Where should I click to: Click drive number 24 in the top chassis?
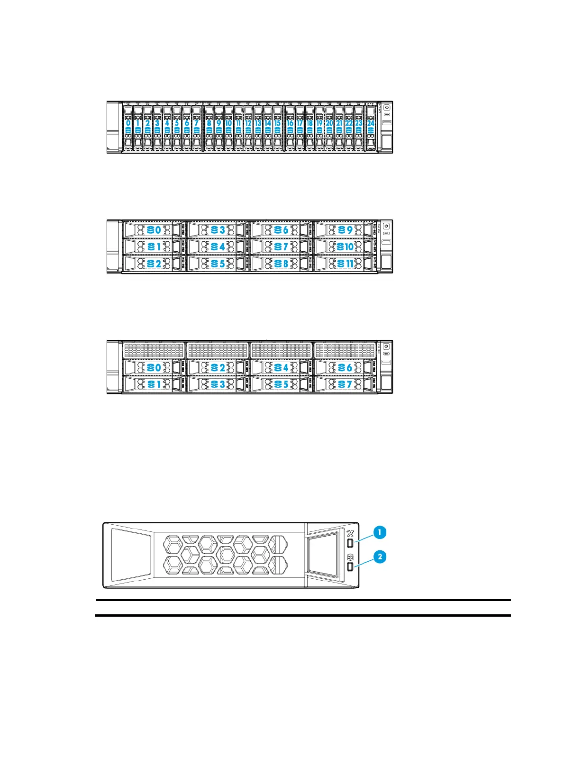[371, 123]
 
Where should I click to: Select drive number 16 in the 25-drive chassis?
[290, 123]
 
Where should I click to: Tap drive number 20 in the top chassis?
[329, 123]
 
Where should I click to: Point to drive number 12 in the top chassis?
[248, 123]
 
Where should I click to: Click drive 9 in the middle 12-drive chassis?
[345, 230]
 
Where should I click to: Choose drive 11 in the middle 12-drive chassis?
[345, 264]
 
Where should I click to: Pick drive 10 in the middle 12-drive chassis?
[345, 246]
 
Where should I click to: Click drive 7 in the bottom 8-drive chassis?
[345, 384]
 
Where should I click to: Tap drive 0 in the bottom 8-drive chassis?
[154, 367]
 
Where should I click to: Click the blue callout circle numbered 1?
[380, 532]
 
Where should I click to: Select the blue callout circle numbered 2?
[380, 557]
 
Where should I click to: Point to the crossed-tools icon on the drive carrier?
[351, 533]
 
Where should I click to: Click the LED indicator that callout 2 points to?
[350, 567]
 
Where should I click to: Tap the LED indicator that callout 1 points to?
[350, 543]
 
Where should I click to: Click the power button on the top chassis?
[387, 107]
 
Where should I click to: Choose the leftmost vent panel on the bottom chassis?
[154, 350]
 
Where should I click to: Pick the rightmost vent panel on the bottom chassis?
[345, 350]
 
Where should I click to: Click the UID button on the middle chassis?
[387, 233]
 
